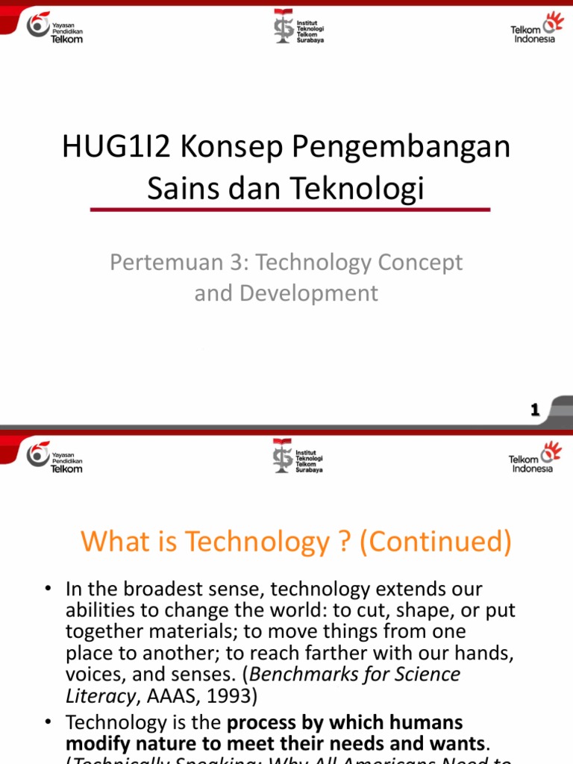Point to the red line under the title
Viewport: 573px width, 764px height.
coord(290,210)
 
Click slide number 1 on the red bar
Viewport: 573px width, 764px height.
coord(534,409)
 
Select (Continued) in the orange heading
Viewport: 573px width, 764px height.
coord(436,542)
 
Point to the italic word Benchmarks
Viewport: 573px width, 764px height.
coord(295,674)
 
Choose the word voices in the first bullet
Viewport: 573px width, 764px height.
coord(90,674)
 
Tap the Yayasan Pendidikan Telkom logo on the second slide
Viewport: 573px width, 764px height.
coord(55,456)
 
